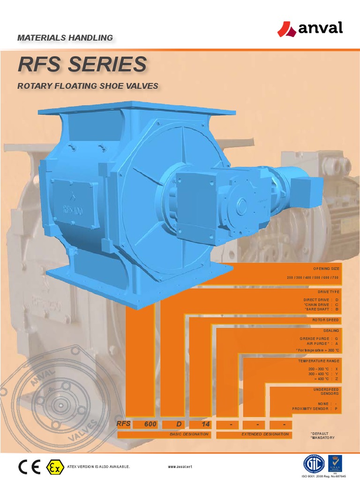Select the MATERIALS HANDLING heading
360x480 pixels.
65,37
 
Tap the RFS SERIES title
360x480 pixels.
82,65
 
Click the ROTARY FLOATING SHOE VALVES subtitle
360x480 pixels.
87,86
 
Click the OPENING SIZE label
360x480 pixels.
326,269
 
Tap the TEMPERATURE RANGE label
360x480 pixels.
318,361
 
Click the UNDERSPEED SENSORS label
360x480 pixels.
325,392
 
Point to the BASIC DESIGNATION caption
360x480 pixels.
189,435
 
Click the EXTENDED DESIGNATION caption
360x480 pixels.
265,435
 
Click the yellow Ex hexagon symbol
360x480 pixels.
53,466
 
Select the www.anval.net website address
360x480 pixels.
180,467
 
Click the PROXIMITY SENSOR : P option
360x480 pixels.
315,409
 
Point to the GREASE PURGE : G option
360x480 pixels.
319,338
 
